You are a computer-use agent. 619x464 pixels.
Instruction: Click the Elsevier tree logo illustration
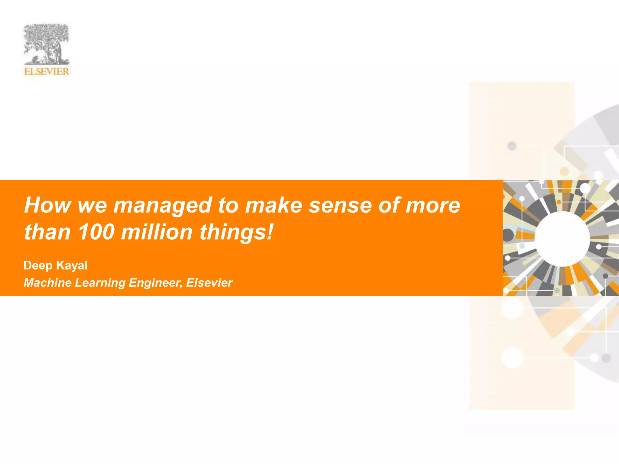click(47, 44)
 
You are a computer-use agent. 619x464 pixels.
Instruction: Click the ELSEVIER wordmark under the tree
click(47, 72)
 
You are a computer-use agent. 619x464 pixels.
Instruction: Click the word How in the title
click(47, 205)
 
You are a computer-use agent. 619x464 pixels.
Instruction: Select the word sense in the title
click(340, 205)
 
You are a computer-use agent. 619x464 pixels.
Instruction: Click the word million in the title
click(157, 232)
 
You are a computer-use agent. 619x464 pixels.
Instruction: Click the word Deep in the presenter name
click(38, 266)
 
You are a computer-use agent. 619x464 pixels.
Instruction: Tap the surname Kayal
click(72, 266)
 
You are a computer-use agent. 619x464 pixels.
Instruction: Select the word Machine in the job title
click(47, 283)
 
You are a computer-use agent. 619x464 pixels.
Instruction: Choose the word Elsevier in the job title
click(209, 283)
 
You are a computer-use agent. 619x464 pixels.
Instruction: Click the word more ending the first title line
click(433, 205)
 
